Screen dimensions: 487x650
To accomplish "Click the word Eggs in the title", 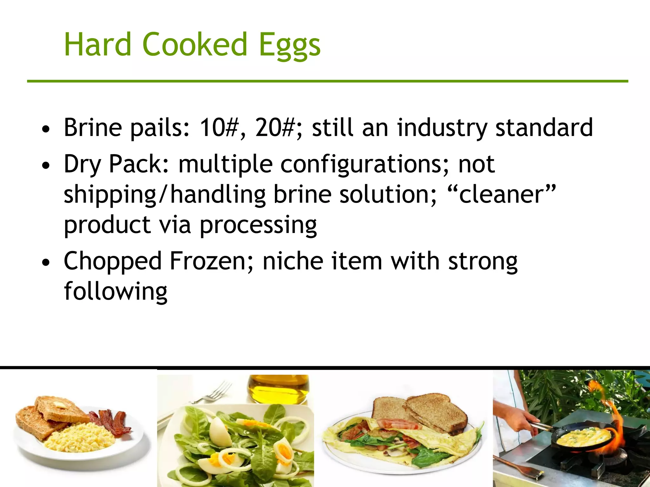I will pyautogui.click(x=289, y=45).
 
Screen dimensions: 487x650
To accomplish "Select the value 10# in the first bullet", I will pyautogui.click(x=218, y=127).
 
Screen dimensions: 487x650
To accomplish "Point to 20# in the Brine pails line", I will pyautogui.click(x=275, y=127).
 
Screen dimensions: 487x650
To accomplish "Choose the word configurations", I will pyautogui.click(x=364, y=164).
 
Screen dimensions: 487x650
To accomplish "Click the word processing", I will pyautogui.click(x=258, y=225).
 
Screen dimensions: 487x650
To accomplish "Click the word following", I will pyautogui.click(x=116, y=292).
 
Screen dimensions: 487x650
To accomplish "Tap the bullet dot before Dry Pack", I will pyautogui.click(x=46, y=165).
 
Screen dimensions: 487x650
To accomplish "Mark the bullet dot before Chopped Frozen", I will pyautogui.click(x=46, y=262).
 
